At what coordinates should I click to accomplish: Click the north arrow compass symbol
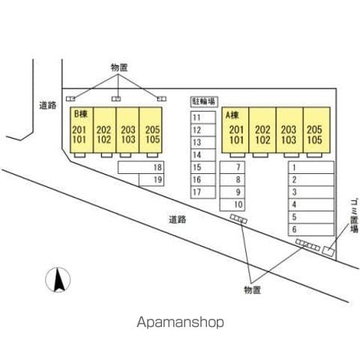[58, 280]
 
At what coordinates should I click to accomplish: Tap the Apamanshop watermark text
[180, 322]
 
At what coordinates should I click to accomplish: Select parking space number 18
[141, 167]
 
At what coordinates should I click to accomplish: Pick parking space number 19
[151, 180]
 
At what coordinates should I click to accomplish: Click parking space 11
[203, 118]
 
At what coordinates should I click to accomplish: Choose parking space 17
[203, 192]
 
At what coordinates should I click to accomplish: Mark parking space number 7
[232, 167]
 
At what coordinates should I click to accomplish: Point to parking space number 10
[232, 205]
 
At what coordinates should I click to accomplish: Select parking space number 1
[311, 167]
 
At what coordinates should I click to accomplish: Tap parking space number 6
[311, 229]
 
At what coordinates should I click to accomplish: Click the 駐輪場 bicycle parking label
[204, 102]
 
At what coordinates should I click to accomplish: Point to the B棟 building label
[81, 114]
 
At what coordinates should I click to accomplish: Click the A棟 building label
[232, 115]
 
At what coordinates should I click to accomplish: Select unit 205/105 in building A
[316, 130]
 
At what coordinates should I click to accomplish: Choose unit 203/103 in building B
[127, 130]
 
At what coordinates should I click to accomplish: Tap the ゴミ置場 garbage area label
[354, 216]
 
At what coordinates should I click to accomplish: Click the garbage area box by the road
[328, 251]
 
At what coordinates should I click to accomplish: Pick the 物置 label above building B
[119, 67]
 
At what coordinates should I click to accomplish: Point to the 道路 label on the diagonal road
[178, 220]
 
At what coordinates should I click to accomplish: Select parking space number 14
[203, 155]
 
